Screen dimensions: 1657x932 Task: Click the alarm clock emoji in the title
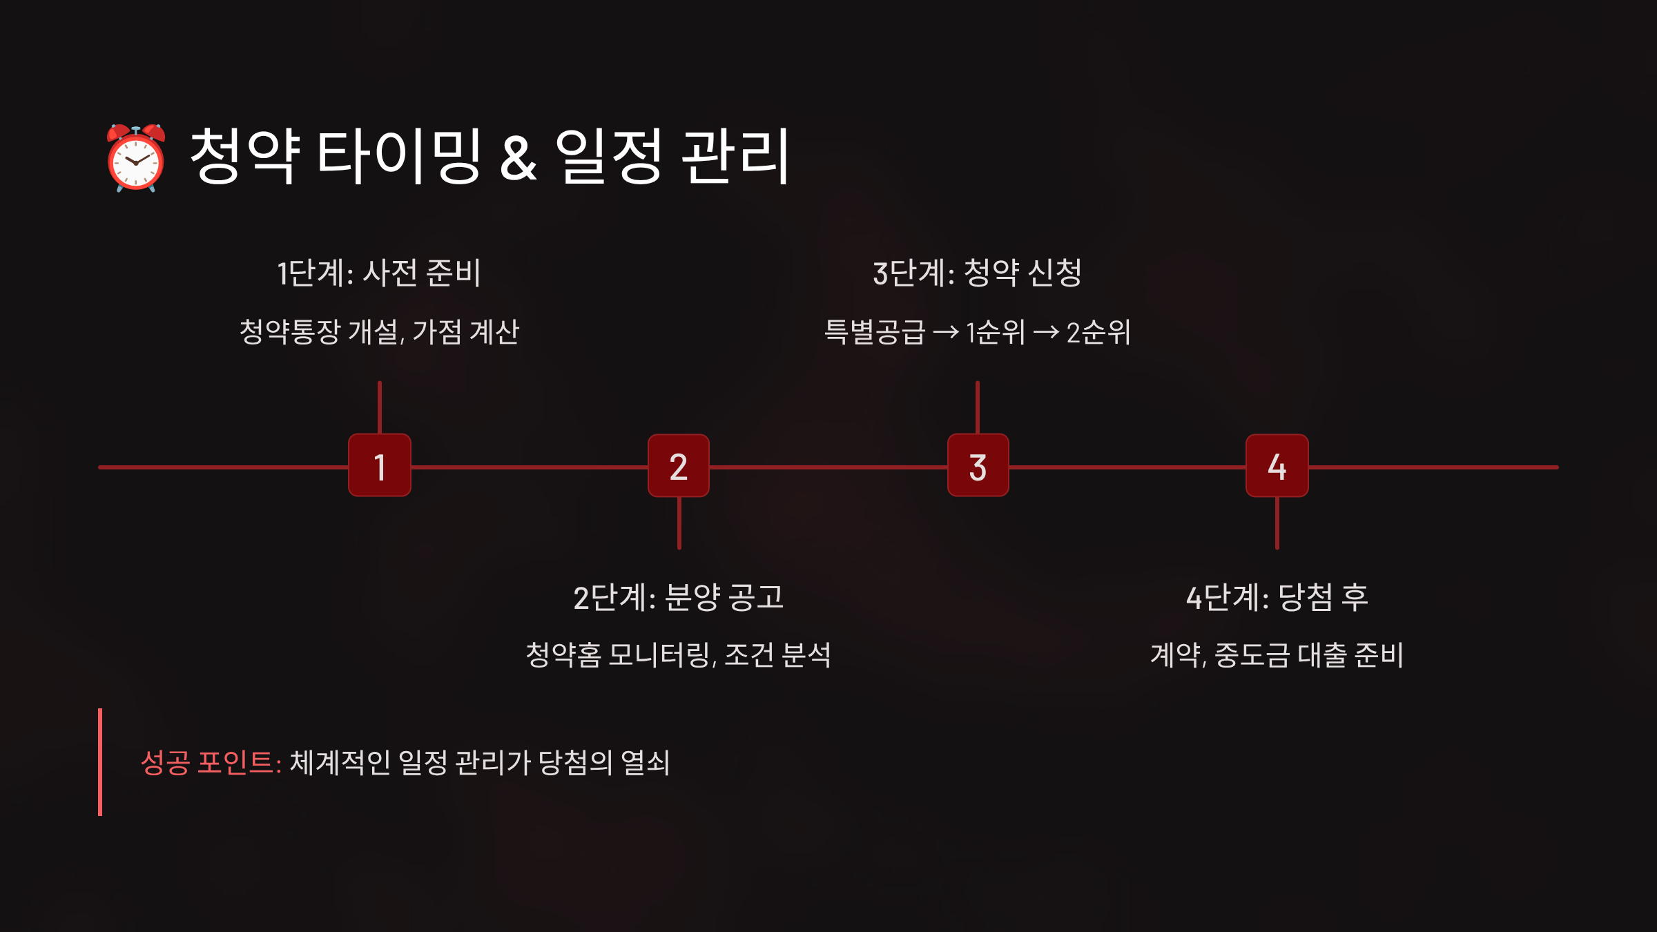136,157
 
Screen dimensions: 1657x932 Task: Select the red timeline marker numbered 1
380,466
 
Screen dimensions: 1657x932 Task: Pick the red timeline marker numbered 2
679,466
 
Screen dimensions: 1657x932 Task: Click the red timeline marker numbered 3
978,466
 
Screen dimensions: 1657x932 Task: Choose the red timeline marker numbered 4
1277,466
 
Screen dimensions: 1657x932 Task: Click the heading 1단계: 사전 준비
379,273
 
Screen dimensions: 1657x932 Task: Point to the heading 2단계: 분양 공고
679,597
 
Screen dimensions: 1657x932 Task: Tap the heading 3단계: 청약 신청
978,273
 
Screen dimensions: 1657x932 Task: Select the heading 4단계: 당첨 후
1277,597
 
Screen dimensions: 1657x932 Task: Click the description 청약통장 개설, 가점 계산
379,332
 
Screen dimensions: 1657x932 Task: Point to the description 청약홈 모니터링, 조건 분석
679,655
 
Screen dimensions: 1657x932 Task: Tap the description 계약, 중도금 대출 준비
1277,655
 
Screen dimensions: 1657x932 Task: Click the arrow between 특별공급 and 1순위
946,333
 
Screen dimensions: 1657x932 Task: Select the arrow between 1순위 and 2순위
1046,333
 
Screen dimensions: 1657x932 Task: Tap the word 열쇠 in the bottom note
645,763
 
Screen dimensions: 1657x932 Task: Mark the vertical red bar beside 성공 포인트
100,762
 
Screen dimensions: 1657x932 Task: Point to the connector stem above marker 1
380,407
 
